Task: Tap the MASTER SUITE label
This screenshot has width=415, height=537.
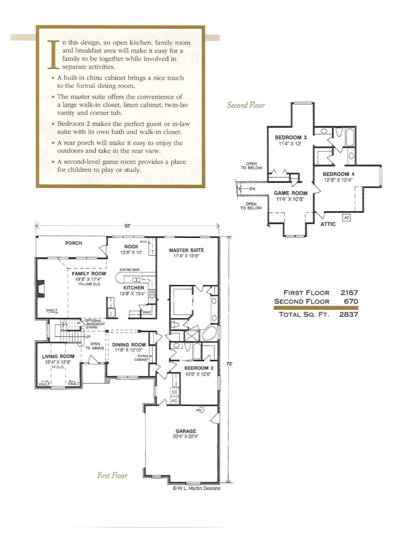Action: point(186,250)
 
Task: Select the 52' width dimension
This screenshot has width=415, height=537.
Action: point(127,226)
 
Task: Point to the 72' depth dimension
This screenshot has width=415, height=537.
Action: point(229,364)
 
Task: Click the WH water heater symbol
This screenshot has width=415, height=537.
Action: point(199,410)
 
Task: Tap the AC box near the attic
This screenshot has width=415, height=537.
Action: point(347,218)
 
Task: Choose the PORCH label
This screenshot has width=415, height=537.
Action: point(74,243)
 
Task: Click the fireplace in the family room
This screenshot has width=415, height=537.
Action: point(41,288)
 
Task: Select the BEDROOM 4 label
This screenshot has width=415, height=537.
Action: point(338,174)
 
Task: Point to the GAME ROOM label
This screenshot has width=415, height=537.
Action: point(290,193)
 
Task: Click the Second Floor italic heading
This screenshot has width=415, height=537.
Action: point(246,105)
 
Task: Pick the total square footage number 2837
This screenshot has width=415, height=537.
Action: point(348,314)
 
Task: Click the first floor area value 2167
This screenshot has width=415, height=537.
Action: point(349,293)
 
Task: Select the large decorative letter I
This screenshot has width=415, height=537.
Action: point(53,54)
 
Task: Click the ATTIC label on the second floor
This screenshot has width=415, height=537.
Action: point(328,224)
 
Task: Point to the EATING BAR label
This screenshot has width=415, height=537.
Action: point(129,270)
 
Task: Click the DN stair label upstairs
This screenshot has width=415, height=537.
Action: point(252,189)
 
